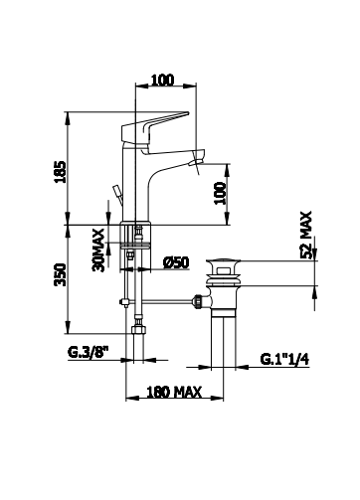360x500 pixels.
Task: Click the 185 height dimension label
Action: click(x=61, y=172)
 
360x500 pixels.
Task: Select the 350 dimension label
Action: click(x=61, y=274)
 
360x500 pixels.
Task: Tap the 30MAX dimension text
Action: click(x=98, y=250)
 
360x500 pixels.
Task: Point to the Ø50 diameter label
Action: click(x=176, y=262)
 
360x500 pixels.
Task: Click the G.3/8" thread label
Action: click(x=89, y=352)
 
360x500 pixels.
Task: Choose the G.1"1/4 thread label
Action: click(x=284, y=359)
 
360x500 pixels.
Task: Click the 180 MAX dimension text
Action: click(x=174, y=392)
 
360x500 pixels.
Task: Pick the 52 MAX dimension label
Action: click(x=306, y=235)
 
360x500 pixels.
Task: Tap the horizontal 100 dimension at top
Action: click(x=162, y=81)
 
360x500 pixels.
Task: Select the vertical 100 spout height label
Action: click(x=220, y=193)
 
